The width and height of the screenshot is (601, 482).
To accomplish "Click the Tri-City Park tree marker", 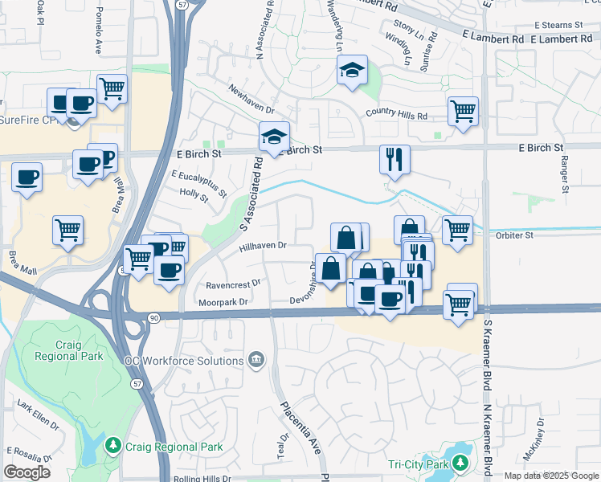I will [x=460, y=464].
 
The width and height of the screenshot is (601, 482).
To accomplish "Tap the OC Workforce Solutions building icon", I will [x=256, y=358].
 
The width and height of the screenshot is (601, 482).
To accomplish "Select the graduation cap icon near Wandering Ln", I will [x=352, y=71].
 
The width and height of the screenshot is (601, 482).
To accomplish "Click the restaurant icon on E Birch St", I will [x=395, y=158].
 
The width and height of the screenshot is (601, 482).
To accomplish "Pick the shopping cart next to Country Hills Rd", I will [x=463, y=111].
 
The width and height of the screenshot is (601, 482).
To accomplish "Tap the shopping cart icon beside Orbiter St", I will [x=457, y=230].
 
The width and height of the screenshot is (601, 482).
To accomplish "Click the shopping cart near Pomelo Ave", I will [x=112, y=88].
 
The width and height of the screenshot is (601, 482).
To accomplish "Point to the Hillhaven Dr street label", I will [x=263, y=247].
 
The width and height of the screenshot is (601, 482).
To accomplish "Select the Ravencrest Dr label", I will [x=234, y=284].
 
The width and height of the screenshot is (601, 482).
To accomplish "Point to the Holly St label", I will [x=194, y=194].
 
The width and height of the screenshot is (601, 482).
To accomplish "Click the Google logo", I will [x=27, y=472].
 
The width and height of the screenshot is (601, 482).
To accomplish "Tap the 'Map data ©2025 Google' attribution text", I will [x=550, y=476].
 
